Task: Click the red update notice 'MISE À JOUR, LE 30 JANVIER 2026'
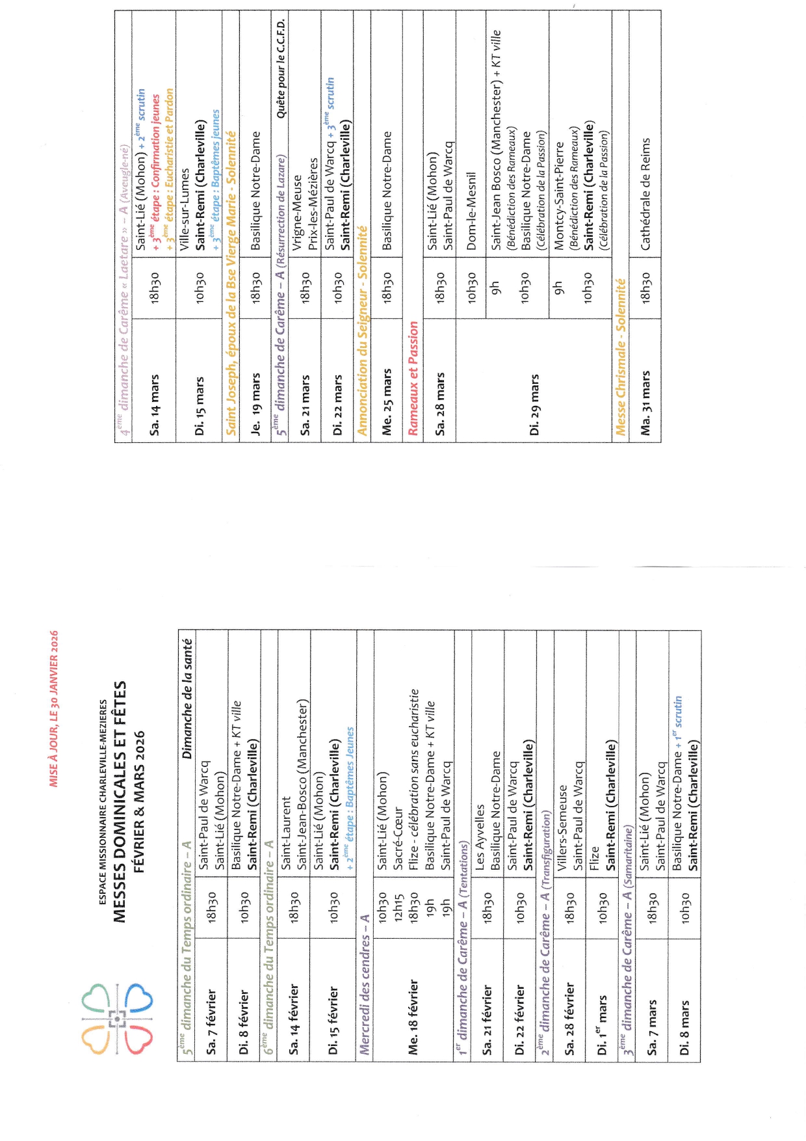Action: click(x=54, y=708)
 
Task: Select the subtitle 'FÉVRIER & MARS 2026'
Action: click(x=138, y=801)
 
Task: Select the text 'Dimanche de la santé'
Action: click(x=187, y=698)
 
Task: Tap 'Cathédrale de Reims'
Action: click(x=645, y=194)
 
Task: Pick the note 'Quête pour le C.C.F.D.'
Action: click(x=281, y=68)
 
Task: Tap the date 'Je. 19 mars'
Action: click(x=255, y=403)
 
